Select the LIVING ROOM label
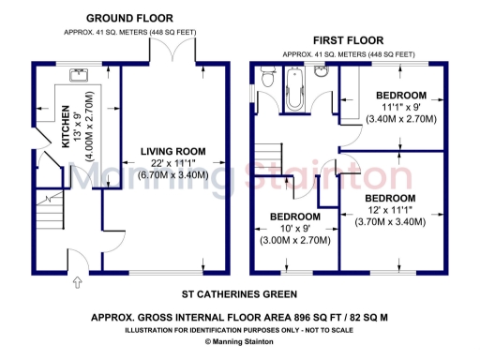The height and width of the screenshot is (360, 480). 172,152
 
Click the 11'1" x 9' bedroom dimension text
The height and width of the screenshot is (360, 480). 400,108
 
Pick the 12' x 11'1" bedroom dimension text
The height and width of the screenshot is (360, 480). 390,211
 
